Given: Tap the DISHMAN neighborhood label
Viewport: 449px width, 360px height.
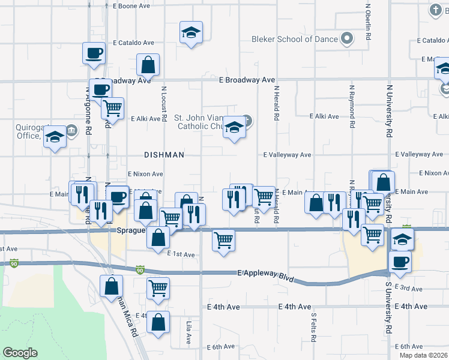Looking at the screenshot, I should pos(164,155).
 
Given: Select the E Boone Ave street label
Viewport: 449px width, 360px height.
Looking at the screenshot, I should pos(131,5).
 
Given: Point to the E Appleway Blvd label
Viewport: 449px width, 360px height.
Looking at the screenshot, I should pos(268,273).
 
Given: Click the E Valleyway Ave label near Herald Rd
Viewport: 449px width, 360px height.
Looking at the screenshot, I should pos(288,155).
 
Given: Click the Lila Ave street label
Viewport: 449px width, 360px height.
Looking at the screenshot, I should pos(188,331).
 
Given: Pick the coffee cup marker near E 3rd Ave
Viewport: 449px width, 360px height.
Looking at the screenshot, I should pos(399,262).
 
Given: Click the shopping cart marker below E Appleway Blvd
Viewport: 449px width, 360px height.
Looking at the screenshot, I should pos(158,288).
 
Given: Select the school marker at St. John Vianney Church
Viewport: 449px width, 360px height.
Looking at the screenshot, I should pos(234,127).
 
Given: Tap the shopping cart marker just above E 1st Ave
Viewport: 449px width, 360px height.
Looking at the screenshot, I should pos(223,240).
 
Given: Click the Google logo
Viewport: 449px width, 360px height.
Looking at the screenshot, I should pos(20,353).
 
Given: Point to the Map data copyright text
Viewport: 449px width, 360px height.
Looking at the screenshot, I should pos(423,355).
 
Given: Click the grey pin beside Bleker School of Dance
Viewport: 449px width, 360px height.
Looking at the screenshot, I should pos(346,39).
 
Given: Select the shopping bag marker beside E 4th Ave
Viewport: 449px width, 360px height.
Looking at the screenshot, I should pos(158,322).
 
